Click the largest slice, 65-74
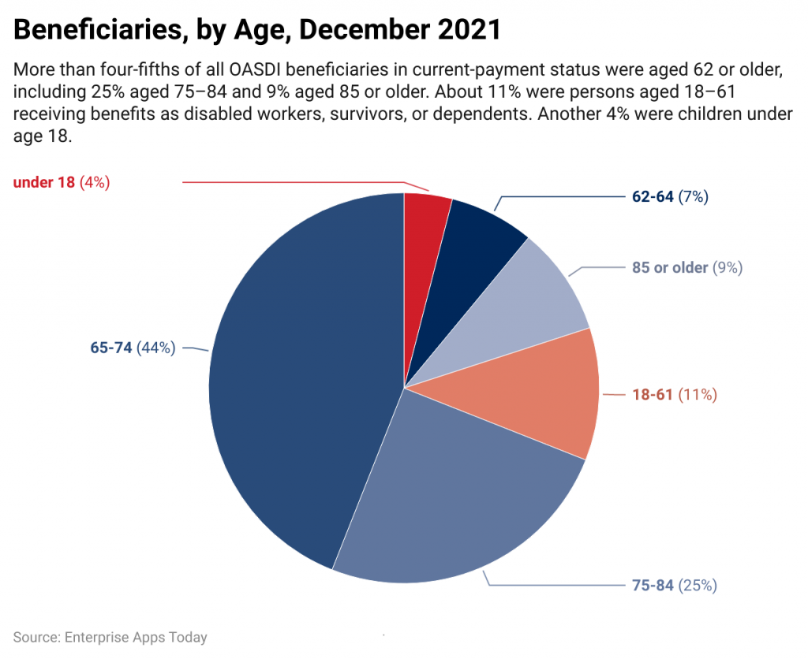coord(300,378)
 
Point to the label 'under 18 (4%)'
coord(61,182)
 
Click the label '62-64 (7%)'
coord(669,197)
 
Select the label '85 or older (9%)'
coord(686,268)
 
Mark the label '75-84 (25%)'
coord(674,586)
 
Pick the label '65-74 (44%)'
coord(133,348)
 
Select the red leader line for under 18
coord(292,182)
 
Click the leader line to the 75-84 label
coord(552,586)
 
